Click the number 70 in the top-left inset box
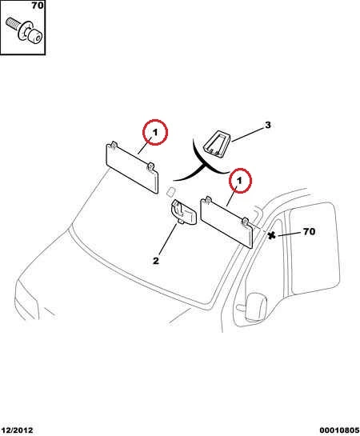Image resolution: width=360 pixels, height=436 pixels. [x=38, y=5]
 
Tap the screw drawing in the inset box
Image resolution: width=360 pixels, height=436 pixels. [x=24, y=30]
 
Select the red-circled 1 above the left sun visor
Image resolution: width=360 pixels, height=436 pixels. [x=155, y=132]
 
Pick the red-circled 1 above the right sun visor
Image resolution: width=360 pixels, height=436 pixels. [x=240, y=181]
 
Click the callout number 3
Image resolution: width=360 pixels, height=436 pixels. [x=268, y=125]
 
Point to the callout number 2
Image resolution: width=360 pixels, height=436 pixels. [x=156, y=261]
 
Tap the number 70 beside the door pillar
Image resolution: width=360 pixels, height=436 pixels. [x=309, y=231]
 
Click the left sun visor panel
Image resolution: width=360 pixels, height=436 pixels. [x=133, y=168]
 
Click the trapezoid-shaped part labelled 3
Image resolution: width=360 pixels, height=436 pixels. [x=217, y=145]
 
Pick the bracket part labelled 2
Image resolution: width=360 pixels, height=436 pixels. [x=184, y=212]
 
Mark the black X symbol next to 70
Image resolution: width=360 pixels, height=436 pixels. [x=271, y=236]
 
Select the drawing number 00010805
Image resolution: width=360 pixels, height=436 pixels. [x=339, y=430]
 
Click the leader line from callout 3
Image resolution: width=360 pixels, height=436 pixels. [x=247, y=134]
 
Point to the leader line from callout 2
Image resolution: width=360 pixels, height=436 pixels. [x=168, y=239]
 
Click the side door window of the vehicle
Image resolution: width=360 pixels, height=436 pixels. [x=314, y=247]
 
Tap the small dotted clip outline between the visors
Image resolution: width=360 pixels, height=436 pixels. [x=170, y=191]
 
